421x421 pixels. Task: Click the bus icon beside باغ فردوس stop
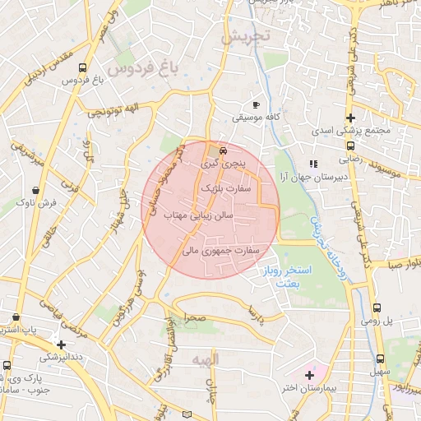[82, 68]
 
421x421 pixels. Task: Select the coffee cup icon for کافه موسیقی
[256, 105]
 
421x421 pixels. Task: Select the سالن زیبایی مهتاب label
[201, 215]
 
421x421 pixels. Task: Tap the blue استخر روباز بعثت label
[286, 275]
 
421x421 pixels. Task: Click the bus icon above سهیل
[380, 359]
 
